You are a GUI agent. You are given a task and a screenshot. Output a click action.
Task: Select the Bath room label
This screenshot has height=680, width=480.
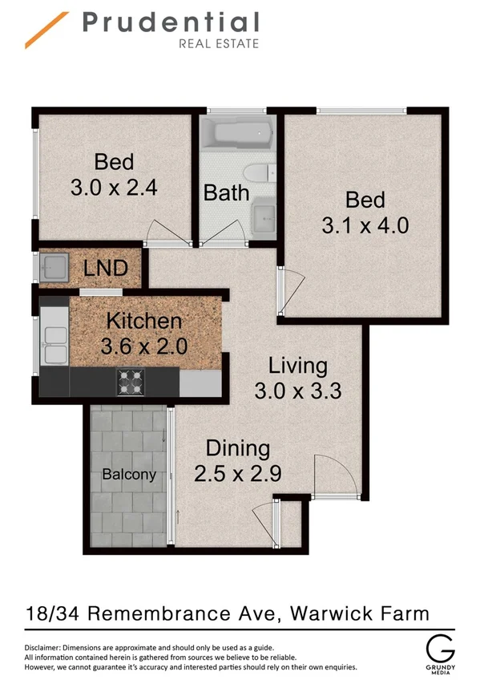(x=226, y=192)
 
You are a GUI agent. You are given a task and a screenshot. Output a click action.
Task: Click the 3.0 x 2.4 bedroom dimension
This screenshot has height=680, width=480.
(x=113, y=188)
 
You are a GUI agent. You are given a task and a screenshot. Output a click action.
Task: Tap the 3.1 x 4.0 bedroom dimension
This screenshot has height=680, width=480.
(x=365, y=225)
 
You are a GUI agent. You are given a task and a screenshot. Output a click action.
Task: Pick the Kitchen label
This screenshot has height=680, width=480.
(x=144, y=322)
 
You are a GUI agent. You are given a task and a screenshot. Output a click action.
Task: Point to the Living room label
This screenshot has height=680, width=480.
(x=297, y=366)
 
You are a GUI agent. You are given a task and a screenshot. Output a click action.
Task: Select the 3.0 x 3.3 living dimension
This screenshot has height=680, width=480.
(x=297, y=392)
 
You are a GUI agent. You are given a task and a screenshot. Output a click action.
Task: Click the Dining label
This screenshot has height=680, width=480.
(x=237, y=448)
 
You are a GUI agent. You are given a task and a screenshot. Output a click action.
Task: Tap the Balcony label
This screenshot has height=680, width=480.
(x=128, y=475)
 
